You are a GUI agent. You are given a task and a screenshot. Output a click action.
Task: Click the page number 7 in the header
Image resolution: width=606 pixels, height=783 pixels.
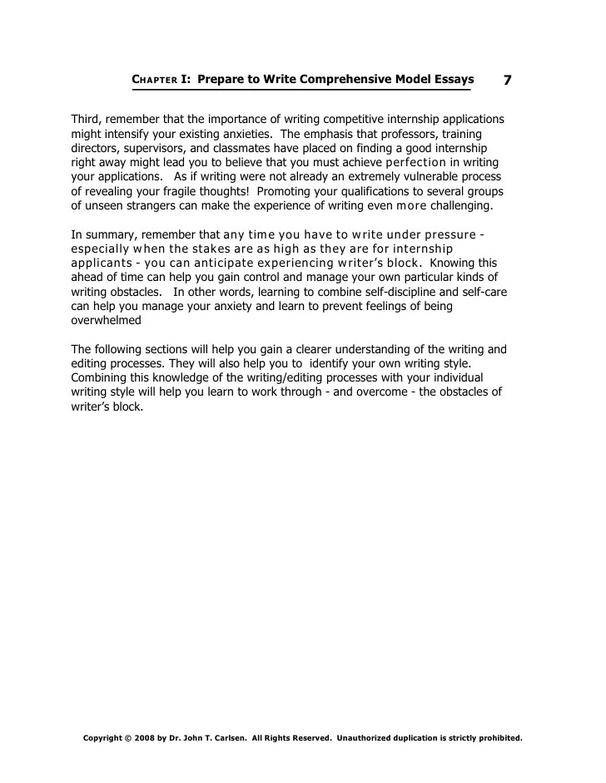coord(507,80)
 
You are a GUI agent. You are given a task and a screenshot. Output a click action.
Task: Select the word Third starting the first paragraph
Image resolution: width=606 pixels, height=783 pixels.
coord(87,119)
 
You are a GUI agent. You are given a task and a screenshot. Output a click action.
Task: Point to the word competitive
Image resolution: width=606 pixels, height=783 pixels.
coord(340,119)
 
